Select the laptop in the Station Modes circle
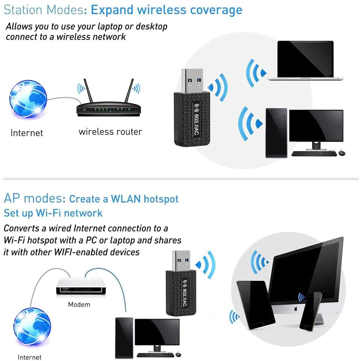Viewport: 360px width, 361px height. [305, 61]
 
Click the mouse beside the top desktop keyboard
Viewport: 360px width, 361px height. [341, 153]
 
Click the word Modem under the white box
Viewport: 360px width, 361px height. [79, 305]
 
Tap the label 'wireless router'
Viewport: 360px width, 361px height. [110, 132]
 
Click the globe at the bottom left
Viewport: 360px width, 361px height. [32, 327]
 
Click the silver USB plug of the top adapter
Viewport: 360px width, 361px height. [191, 80]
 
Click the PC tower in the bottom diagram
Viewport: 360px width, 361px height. [124, 338]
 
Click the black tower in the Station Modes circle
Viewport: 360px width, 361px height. [276, 133]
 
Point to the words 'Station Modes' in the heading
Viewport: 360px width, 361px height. [43, 10]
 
